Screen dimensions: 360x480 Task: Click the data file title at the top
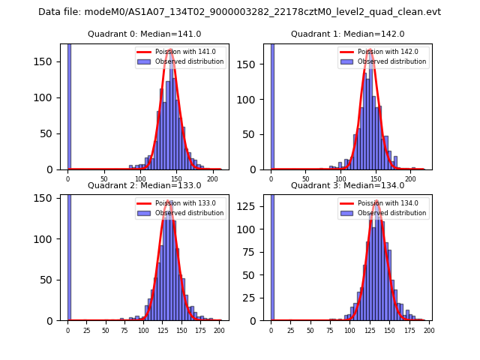tap(239, 12)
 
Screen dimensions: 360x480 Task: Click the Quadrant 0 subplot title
tap(144, 34)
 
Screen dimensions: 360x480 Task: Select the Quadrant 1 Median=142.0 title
tap(347, 34)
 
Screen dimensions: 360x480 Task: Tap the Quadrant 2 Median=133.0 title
tap(144, 185)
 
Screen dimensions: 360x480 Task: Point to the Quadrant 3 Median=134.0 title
tap(347, 185)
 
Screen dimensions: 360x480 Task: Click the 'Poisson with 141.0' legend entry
tap(180, 52)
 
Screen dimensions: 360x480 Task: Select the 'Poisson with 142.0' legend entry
tap(383, 52)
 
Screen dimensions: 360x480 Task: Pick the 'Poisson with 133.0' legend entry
tap(180, 203)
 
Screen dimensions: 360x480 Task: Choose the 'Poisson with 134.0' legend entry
tap(383, 203)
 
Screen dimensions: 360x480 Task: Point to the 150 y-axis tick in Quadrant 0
tap(50, 61)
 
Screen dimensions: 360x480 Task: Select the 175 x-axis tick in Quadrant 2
tap(200, 330)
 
